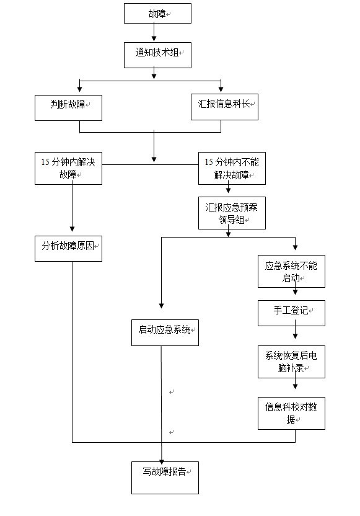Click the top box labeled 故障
point(157,14)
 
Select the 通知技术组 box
point(157,55)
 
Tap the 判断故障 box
point(68,108)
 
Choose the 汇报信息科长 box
point(224,107)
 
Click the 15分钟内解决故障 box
point(68,168)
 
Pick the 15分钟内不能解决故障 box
point(232,168)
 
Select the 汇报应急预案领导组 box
point(232,213)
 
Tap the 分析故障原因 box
point(68,249)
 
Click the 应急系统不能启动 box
point(291,272)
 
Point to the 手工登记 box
point(291,313)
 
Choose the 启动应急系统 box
point(165,332)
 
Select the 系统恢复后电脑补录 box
point(291,362)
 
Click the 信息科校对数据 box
point(291,413)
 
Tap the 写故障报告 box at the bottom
point(165,478)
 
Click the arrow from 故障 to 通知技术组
point(154,32)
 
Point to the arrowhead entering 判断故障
point(79,89)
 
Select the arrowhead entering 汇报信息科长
point(221,89)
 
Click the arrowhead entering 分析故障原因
point(72,228)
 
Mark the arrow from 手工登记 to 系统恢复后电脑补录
point(295,329)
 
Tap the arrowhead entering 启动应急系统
point(162,306)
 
